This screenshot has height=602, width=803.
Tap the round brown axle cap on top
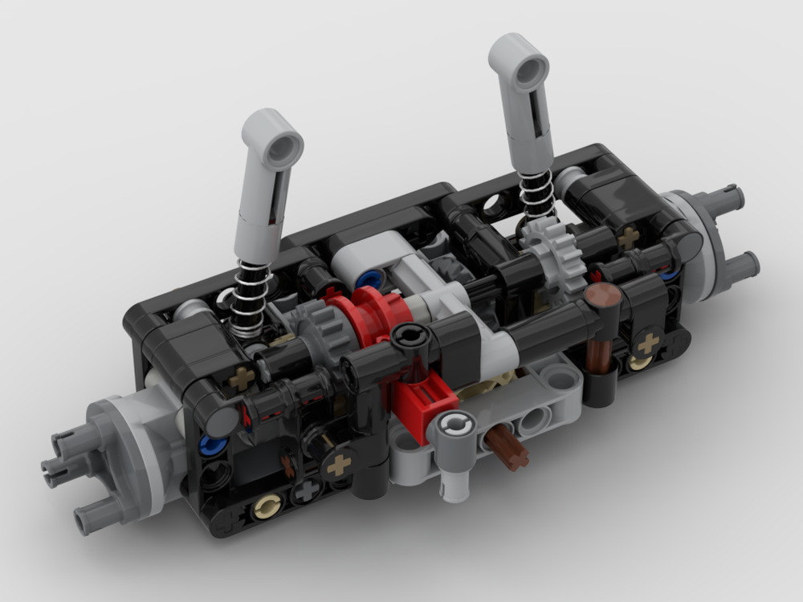coord(601,298)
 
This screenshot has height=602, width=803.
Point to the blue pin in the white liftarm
coord(370,280)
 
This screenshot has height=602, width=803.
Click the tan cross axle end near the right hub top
coord(629,236)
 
